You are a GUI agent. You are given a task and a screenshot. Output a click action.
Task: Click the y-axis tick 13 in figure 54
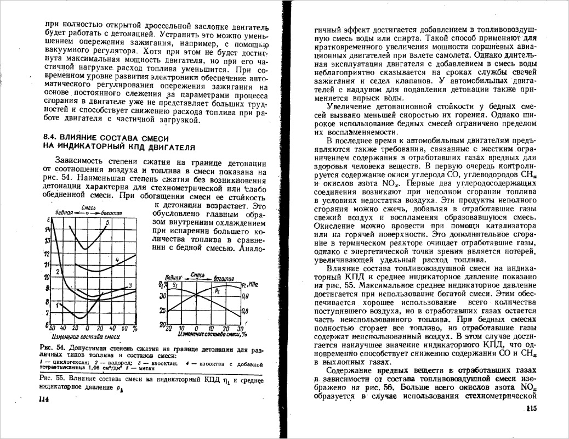tap(47, 241)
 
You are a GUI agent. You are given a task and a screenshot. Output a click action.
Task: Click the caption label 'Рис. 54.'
tap(53, 348)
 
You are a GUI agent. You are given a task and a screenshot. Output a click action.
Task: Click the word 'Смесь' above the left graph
tap(88, 207)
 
